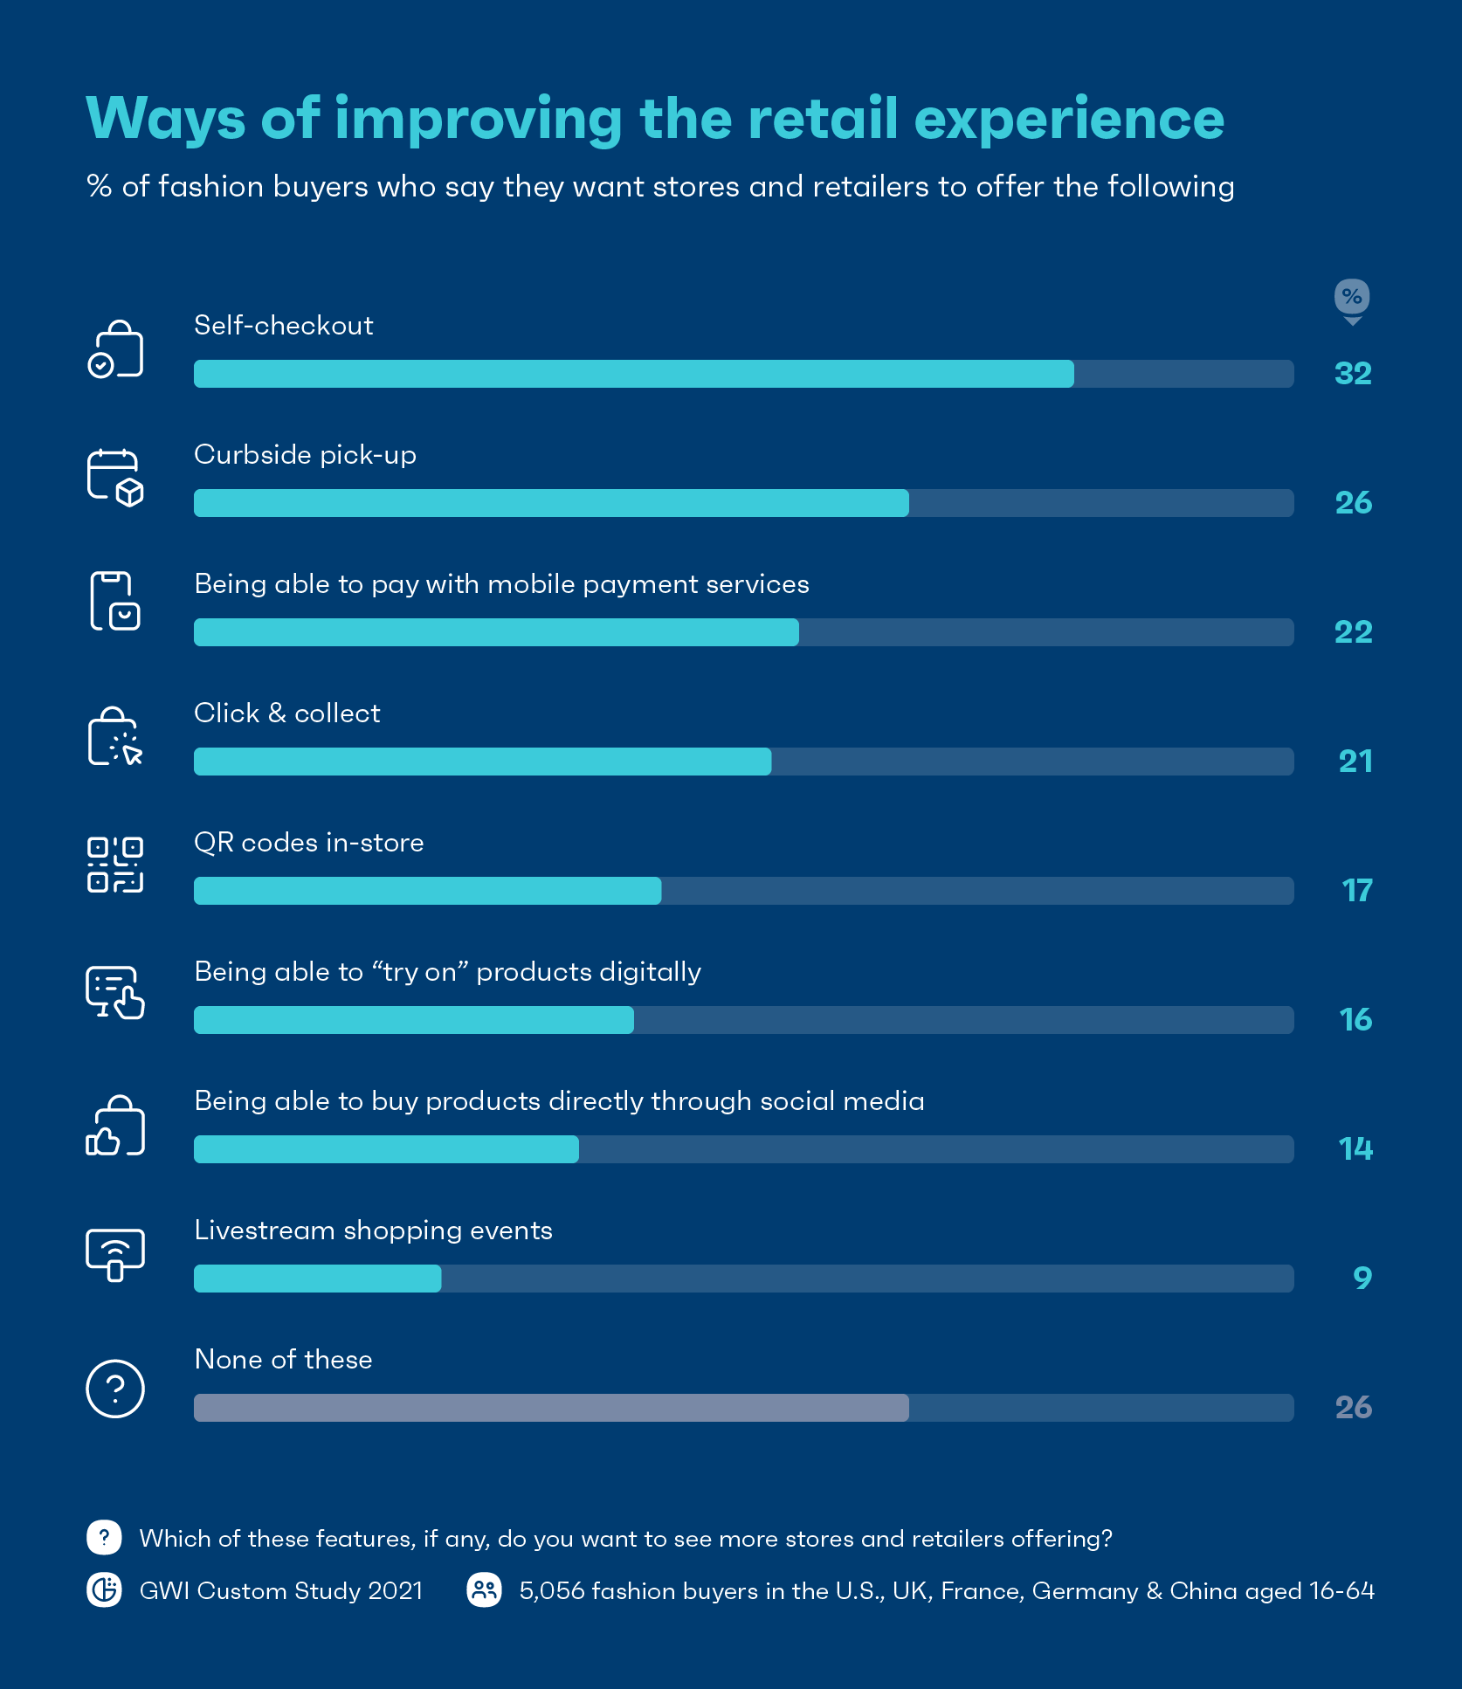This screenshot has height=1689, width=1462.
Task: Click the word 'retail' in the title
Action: (x=823, y=119)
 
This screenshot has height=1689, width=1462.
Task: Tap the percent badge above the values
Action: (x=1352, y=298)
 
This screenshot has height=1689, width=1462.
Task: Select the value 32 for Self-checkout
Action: (x=1353, y=374)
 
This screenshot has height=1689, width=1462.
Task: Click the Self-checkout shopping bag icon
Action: (x=115, y=349)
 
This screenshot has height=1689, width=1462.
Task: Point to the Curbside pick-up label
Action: (x=305, y=455)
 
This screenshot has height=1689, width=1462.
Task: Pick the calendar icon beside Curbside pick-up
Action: (x=115, y=478)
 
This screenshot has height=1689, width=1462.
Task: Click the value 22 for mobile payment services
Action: (x=1353, y=632)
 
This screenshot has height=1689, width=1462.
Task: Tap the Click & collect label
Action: (x=286, y=714)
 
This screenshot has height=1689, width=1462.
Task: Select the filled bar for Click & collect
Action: (x=482, y=762)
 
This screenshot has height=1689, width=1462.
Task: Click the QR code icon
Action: (x=115, y=865)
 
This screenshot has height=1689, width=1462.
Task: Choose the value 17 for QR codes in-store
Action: (x=1356, y=891)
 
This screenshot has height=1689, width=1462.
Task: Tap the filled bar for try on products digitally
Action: (x=413, y=1020)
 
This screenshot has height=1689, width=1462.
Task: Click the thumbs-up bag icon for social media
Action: (x=115, y=1126)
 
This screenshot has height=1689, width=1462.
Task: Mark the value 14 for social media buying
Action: (x=1355, y=1149)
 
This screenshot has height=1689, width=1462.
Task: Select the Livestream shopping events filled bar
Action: (x=317, y=1279)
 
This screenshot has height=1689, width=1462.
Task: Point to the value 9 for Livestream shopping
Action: (x=1362, y=1279)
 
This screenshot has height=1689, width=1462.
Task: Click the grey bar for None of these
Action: (x=551, y=1408)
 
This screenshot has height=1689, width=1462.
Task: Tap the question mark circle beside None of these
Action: (x=115, y=1389)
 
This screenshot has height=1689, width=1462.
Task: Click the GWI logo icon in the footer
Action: (x=105, y=1589)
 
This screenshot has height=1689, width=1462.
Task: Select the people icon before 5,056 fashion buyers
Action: (x=485, y=1589)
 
